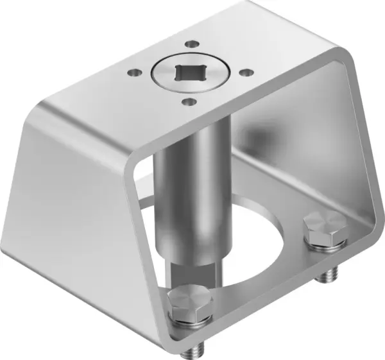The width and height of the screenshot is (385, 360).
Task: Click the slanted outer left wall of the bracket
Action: [x=77, y=205]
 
